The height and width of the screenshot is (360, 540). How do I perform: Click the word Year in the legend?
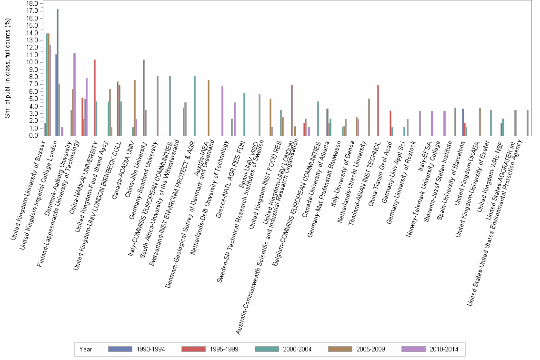86,349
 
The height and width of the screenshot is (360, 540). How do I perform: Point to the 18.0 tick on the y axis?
32,3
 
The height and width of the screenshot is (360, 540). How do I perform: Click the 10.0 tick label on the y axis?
32,62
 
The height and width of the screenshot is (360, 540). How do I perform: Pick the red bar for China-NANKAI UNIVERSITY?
95,98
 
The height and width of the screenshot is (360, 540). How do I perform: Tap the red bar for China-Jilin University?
144,98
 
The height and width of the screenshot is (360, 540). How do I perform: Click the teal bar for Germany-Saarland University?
158,106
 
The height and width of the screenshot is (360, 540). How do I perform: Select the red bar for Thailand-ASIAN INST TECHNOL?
378,110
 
